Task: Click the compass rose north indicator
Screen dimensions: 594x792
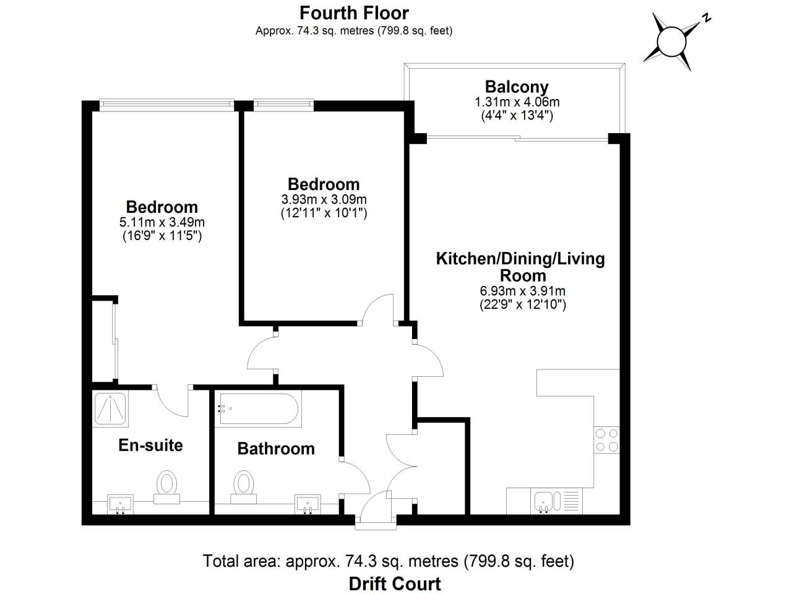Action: coord(671,41)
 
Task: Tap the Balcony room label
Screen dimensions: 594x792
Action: coord(517,87)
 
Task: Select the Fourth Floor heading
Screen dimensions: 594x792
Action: coord(354,12)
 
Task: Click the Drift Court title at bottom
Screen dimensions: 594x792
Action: coord(395,583)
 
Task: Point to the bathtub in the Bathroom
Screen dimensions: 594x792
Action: coord(258,409)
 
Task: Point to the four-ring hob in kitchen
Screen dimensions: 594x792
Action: coord(606,439)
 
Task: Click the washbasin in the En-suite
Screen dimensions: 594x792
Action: coord(120,503)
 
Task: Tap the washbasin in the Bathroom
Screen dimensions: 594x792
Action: coord(308,503)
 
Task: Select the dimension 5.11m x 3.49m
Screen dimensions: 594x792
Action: coord(162,222)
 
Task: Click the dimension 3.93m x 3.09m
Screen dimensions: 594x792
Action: coord(324,199)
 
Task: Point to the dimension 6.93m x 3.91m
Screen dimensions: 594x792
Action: coord(522,291)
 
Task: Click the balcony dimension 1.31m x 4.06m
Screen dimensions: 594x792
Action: coord(517,102)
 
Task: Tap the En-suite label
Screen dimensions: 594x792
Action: coord(150,445)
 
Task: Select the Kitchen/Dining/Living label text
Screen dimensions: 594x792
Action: coord(520,259)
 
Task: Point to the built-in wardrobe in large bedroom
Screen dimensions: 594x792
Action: coord(113,340)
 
